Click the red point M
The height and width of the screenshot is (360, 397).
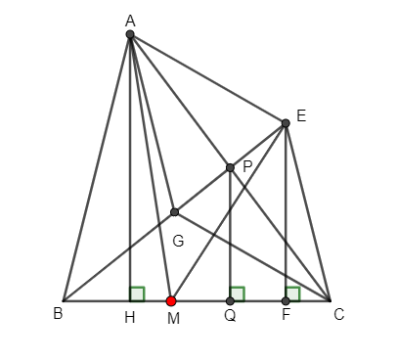coord(171,301)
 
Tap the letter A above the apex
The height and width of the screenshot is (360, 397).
coord(130,19)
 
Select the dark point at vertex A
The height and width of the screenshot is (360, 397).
coord(130,35)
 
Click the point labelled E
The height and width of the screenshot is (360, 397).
coord(286,123)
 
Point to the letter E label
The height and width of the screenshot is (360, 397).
coord(301,115)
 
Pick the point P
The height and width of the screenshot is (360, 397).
coord(230,168)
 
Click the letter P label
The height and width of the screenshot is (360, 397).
coord(247,167)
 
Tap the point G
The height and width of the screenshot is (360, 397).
coord(174,212)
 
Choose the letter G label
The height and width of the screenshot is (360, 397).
coord(177,239)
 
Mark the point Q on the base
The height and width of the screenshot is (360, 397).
coord(230,301)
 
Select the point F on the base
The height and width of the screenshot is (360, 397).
coord(286,301)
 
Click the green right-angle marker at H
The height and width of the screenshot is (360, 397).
coord(137,293)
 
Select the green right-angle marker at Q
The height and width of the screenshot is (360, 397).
coord(237,293)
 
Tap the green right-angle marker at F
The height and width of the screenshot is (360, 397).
coord(292,293)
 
